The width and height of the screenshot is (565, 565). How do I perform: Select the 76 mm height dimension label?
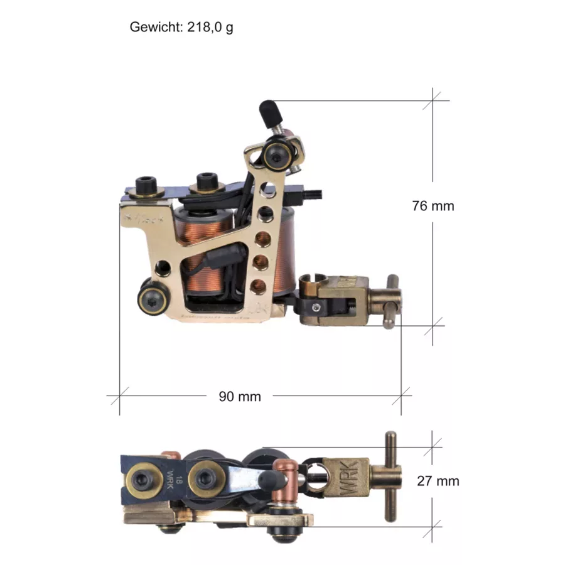[x=433, y=205]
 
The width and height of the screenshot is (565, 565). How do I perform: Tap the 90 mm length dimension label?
[x=239, y=396]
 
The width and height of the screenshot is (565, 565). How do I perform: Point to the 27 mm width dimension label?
[x=438, y=481]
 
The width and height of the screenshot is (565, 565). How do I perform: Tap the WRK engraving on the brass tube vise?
[x=348, y=478]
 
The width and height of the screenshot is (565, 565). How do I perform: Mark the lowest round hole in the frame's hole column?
[x=258, y=287]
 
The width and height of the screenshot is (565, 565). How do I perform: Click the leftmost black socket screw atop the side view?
[x=146, y=186]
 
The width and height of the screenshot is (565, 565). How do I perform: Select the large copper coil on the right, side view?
[x=284, y=251]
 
